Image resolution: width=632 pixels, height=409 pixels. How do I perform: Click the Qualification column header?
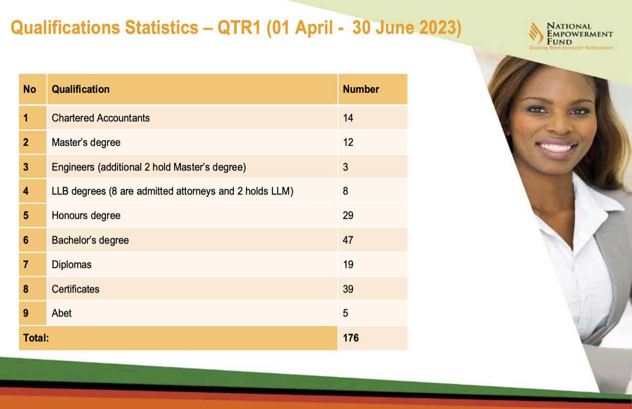tap(80, 89)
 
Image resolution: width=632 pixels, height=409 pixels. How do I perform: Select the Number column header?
tap(361, 89)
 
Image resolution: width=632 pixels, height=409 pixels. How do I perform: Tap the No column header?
tap(30, 89)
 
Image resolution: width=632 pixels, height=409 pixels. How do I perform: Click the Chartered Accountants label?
tap(101, 118)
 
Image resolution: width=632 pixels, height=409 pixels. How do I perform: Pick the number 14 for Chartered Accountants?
tap(348, 118)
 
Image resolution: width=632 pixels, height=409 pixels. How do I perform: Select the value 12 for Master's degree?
tap(348, 142)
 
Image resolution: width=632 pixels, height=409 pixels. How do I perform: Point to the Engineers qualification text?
tap(149, 167)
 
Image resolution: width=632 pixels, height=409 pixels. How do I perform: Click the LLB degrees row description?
tap(172, 191)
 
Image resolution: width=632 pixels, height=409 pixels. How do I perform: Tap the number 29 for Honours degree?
tap(348, 215)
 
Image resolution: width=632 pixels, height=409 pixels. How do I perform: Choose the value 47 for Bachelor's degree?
tap(348, 240)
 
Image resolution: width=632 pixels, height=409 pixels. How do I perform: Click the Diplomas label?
tap(71, 265)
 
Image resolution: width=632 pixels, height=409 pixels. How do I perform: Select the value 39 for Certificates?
tap(348, 289)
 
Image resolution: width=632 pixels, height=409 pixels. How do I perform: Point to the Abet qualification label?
tap(61, 313)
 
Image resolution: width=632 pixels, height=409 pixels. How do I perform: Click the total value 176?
tap(351, 338)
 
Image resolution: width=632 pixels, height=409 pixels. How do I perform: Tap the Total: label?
tap(36, 338)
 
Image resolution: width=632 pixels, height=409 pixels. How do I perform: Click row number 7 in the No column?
tap(26, 265)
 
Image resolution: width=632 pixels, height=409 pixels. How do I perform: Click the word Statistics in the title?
tap(162, 27)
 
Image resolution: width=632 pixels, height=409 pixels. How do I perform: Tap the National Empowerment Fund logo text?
tap(579, 34)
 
